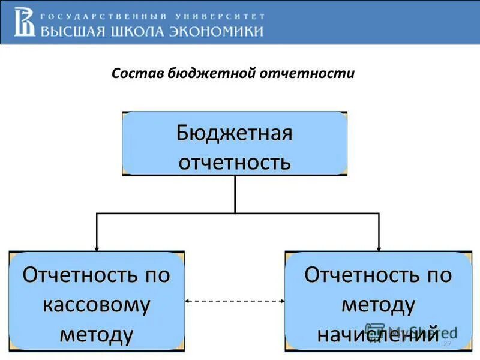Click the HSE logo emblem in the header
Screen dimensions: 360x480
coord(25,21)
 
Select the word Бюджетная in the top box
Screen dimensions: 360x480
coord(235,133)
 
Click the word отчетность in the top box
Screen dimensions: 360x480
coord(235,162)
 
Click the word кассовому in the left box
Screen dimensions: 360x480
coord(97,305)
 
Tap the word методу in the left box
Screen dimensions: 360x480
coord(97,334)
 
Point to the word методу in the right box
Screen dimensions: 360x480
coord(378,305)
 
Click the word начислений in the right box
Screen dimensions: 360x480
coord(378,334)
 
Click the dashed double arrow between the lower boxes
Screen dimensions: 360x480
coord(235,301)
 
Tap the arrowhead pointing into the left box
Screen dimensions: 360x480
coord(97,248)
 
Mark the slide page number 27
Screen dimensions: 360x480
coord(447,343)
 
